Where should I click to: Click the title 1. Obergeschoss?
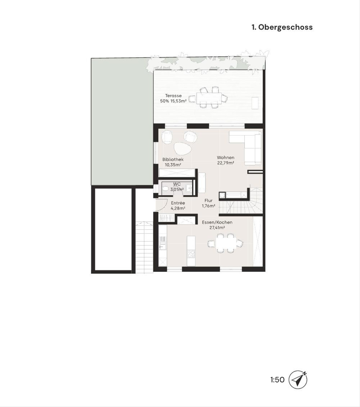point(282,27)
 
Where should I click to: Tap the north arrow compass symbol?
point(298,380)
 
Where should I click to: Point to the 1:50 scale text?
point(277,380)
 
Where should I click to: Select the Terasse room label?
point(173,96)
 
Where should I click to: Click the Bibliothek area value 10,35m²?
point(173,165)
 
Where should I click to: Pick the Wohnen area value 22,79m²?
point(226,163)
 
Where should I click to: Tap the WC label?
point(177,184)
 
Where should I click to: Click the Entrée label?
point(178,203)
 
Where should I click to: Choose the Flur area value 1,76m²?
point(208,206)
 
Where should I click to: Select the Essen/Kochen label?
point(217,222)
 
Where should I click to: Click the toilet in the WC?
point(165,189)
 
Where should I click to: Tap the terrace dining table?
point(209,97)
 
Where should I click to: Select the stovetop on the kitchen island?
point(191,254)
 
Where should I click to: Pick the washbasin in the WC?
point(189,188)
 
